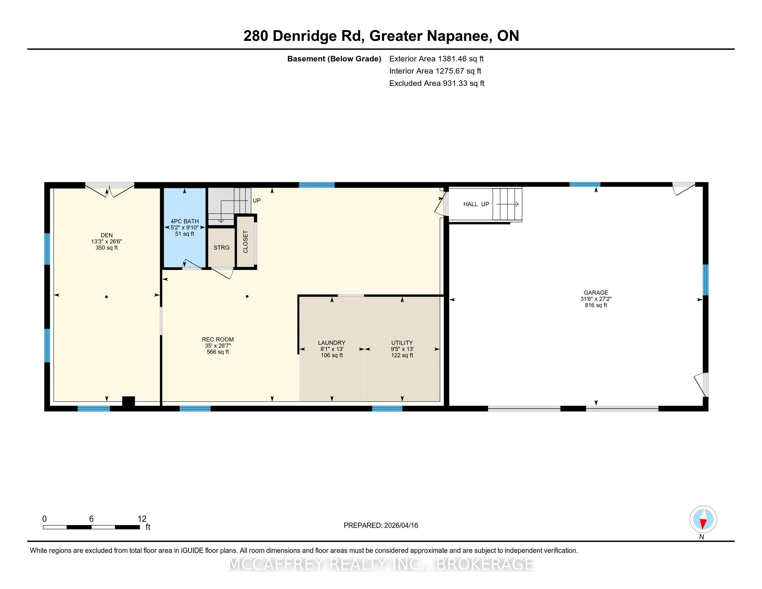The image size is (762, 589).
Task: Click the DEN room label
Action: tap(107, 235)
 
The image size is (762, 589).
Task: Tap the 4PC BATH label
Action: tap(185, 221)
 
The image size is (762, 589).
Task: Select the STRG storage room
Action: tap(222, 247)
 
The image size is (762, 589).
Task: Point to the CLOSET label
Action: tap(245, 242)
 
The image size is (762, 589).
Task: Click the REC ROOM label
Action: tap(218, 339)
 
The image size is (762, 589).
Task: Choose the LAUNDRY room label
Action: tap(332, 343)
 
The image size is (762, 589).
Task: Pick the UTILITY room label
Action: tap(402, 343)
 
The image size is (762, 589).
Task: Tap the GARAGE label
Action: tap(596, 292)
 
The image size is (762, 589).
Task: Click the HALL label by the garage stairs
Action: tap(471, 204)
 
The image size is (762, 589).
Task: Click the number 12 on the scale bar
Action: tap(142, 519)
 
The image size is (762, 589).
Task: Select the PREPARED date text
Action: tap(381, 525)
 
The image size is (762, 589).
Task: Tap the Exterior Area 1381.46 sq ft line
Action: tap(436, 59)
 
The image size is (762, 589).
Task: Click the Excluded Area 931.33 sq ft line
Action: tap(437, 83)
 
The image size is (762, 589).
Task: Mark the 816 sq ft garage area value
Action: tap(596, 305)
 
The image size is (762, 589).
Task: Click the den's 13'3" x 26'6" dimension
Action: tap(107, 241)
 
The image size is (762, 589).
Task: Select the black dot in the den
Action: tap(106, 297)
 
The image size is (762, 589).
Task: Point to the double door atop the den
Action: tap(110, 190)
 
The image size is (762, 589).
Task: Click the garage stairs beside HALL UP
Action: tap(507, 204)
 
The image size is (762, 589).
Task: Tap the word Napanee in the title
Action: tap(458, 36)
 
